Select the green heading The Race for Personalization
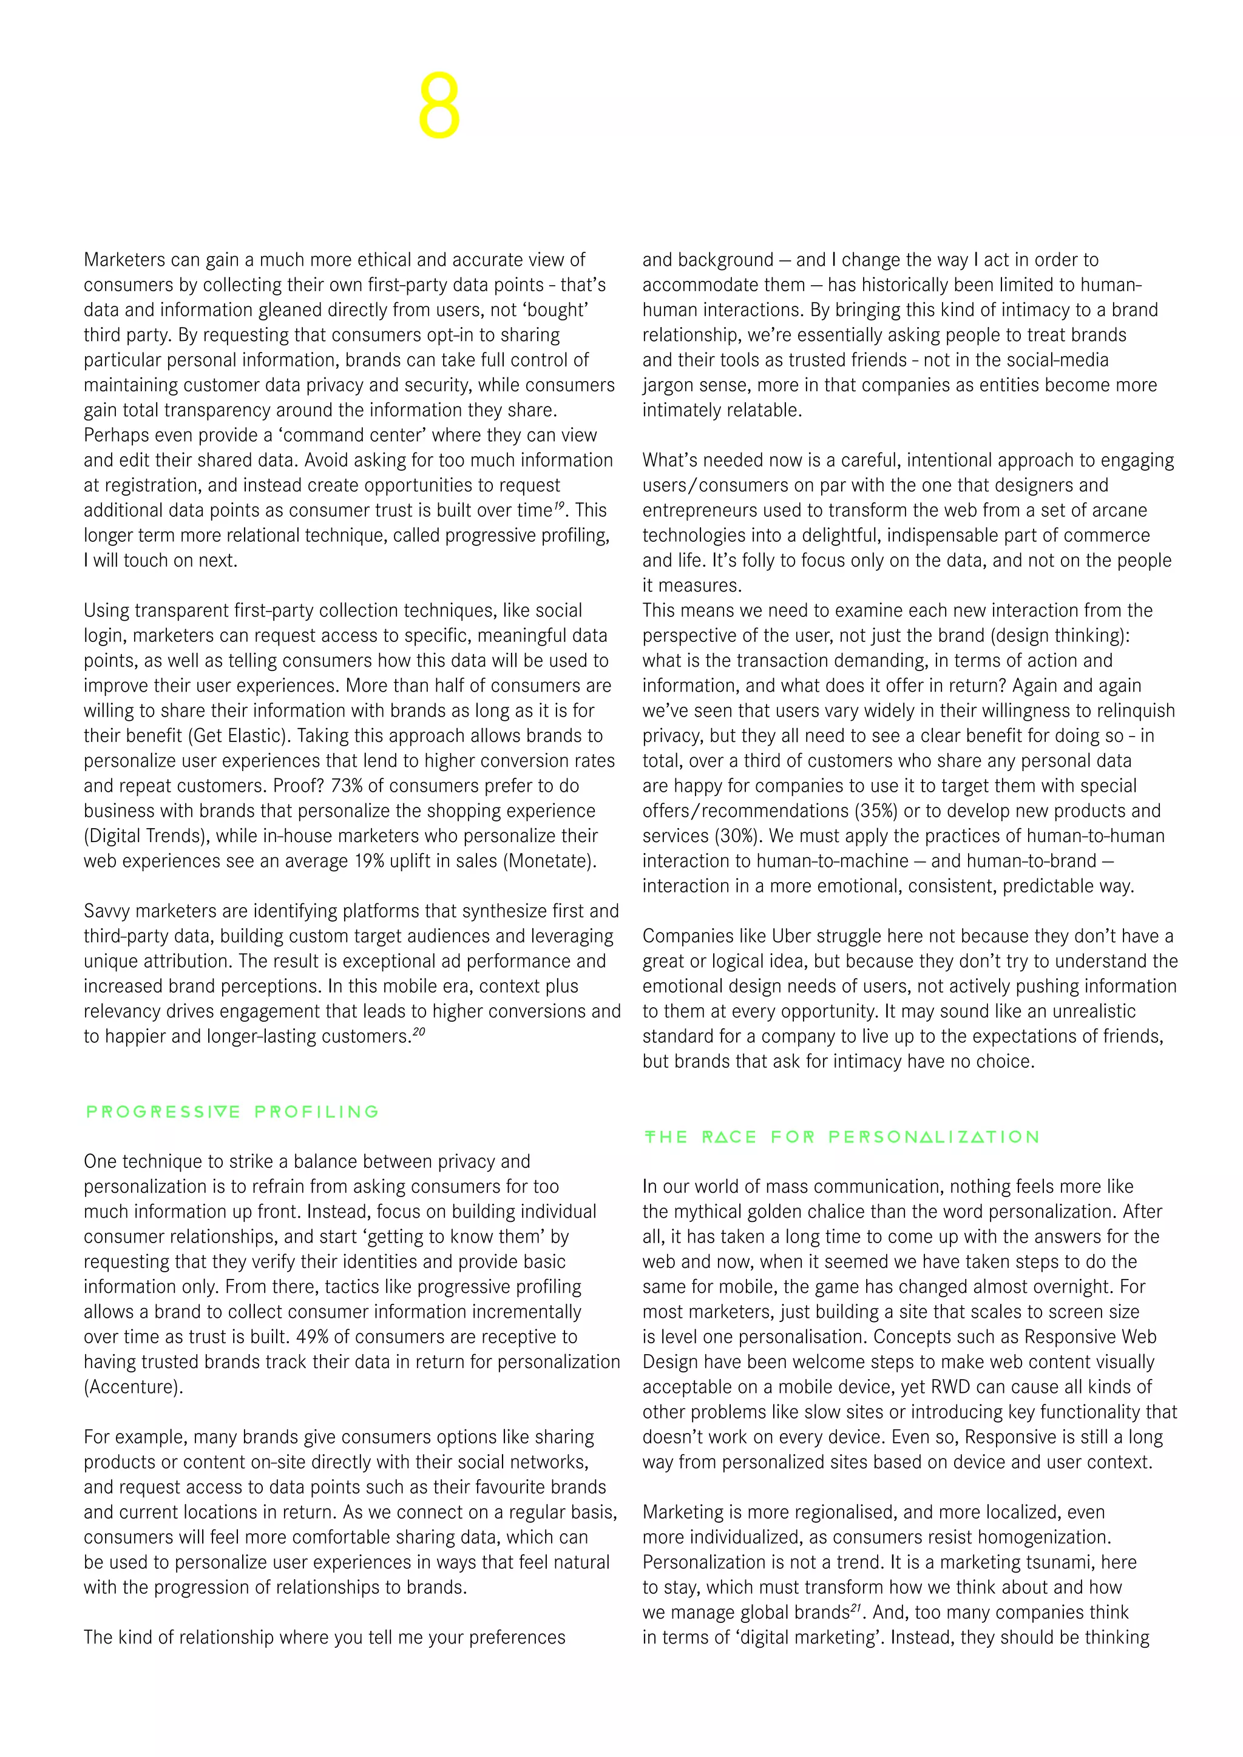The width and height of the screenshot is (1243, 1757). coord(841,1136)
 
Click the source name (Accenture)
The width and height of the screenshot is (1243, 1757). coord(133,1387)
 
